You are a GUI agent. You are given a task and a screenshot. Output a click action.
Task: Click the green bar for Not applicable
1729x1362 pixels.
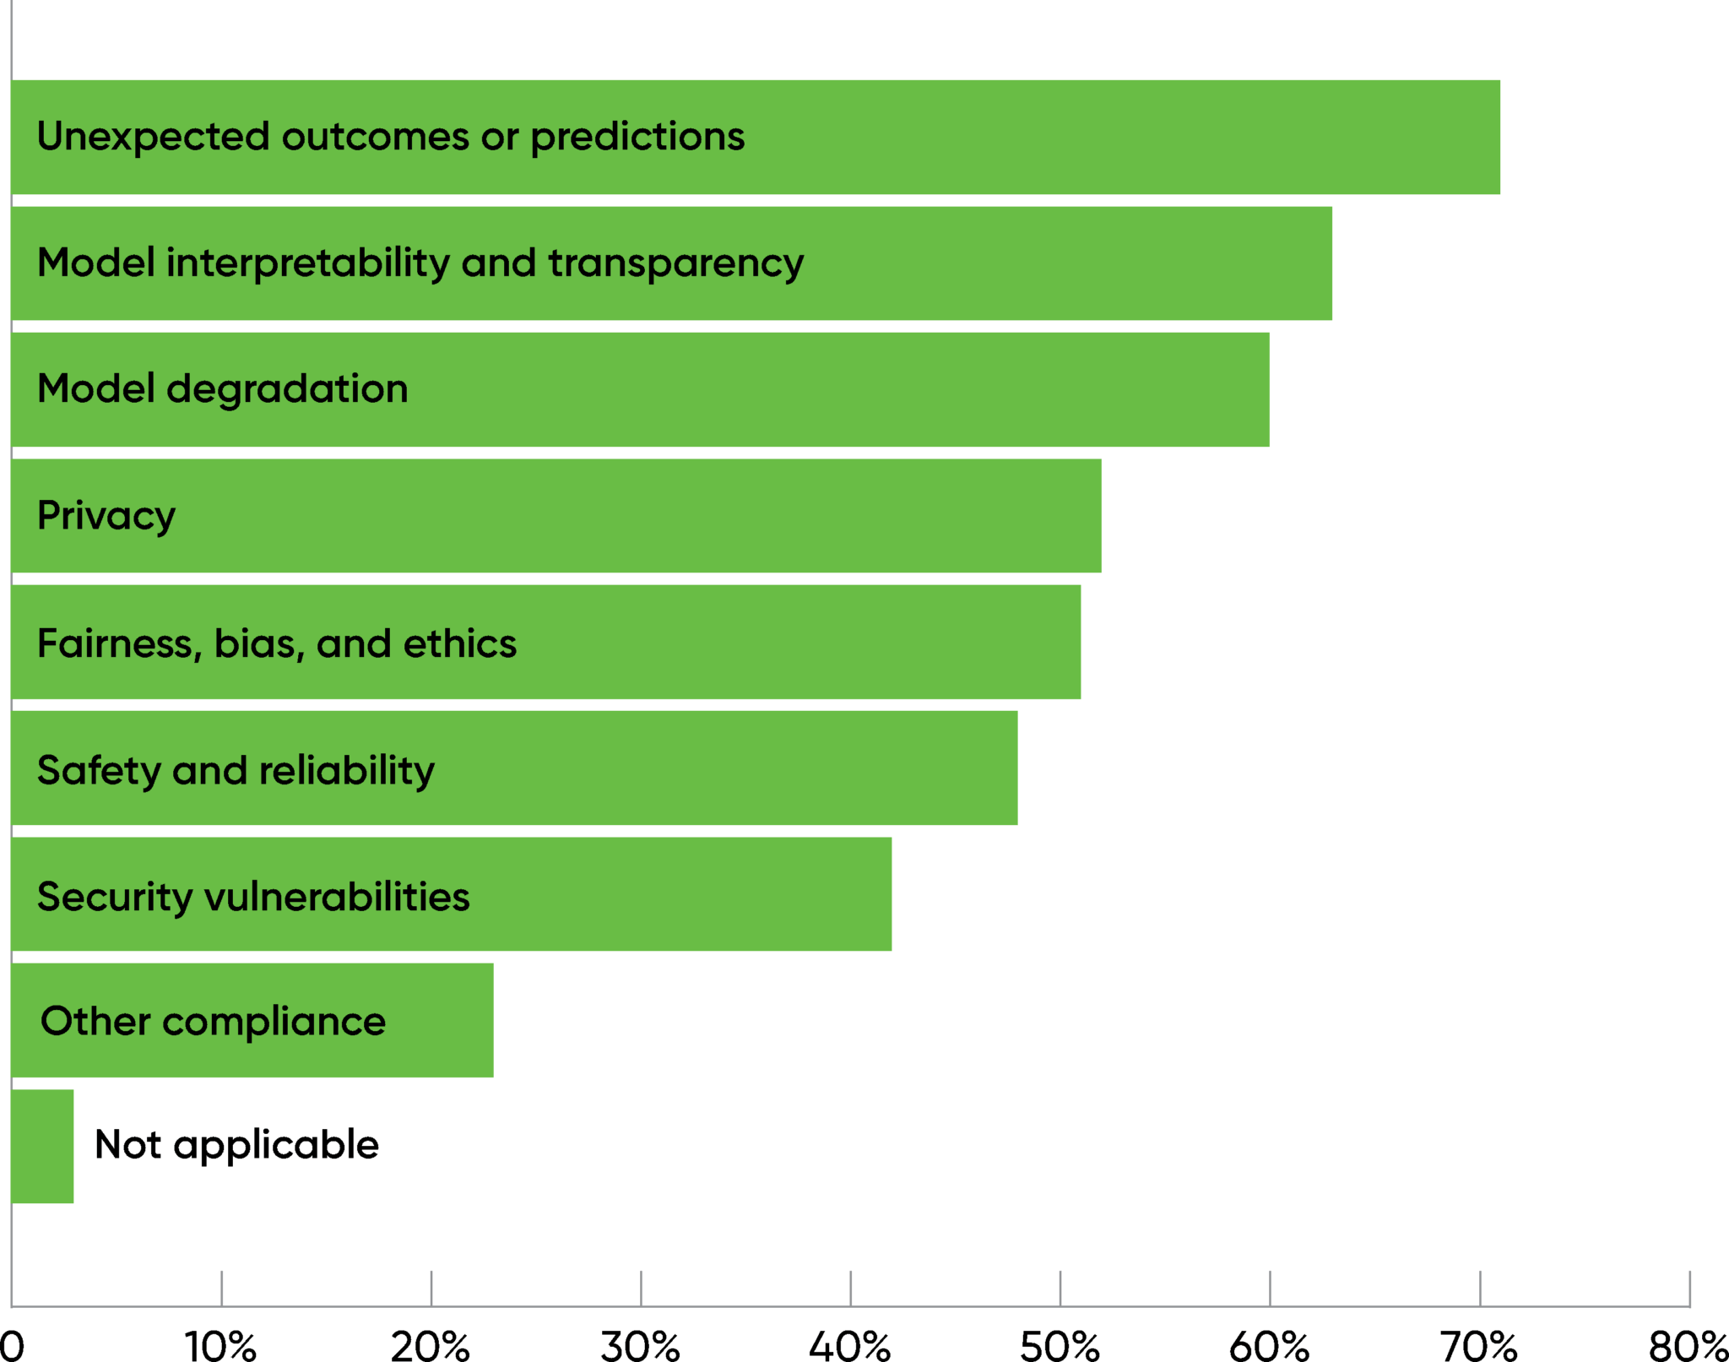pyautogui.click(x=42, y=1146)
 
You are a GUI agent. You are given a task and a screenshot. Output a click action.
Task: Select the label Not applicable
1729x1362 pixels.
pyautogui.click(x=236, y=1145)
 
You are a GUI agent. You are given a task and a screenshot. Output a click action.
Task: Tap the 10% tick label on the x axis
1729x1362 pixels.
pyautogui.click(x=220, y=1346)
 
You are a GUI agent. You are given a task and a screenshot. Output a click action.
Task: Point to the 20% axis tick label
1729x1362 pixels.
pyautogui.click(x=431, y=1346)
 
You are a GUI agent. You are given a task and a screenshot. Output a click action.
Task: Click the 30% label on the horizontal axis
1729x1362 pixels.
pyautogui.click(x=640, y=1346)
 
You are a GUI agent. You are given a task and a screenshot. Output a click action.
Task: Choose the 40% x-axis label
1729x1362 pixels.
pyautogui.click(x=850, y=1346)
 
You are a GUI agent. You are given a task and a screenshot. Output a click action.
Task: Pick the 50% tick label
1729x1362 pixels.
pyautogui.click(x=1060, y=1346)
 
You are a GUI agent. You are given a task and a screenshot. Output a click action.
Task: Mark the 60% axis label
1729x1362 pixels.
pyautogui.click(x=1270, y=1346)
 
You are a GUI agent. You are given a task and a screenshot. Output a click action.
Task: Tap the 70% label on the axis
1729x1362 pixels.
pyautogui.click(x=1479, y=1346)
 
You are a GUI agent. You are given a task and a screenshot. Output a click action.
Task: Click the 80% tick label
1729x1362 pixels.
pyautogui.click(x=1688, y=1346)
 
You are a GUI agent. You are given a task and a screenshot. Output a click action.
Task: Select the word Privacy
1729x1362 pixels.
pyautogui.click(x=106, y=516)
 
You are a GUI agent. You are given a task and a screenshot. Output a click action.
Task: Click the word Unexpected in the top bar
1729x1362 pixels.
pyautogui.click(x=153, y=136)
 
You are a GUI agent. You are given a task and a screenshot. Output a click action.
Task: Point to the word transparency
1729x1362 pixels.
pyautogui.click(x=676, y=263)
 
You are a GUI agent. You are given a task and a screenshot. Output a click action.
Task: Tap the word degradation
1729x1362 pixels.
pyautogui.click(x=287, y=389)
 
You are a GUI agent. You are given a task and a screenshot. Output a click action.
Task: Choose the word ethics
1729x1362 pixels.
pyautogui.click(x=460, y=643)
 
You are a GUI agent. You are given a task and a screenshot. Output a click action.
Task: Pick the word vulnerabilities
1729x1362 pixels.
pyautogui.click(x=337, y=896)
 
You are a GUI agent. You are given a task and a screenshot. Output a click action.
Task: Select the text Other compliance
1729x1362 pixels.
pyautogui.click(x=213, y=1021)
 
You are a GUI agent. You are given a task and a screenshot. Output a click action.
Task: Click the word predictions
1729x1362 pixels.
pyautogui.click(x=637, y=137)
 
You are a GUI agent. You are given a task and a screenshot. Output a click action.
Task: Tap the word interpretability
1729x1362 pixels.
pyautogui.click(x=308, y=263)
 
